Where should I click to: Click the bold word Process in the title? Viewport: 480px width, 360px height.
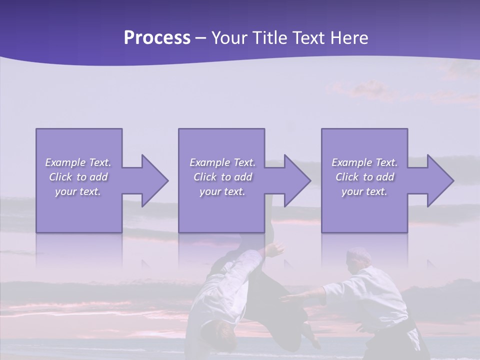[157, 38]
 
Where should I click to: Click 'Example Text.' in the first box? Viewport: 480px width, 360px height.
[78, 162]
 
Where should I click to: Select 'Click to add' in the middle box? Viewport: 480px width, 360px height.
[222, 177]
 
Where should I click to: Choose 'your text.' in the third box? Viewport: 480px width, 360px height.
[364, 191]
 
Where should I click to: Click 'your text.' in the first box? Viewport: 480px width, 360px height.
[78, 191]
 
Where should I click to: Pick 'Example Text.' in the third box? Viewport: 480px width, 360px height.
[364, 162]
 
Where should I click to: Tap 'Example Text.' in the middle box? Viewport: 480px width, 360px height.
[222, 162]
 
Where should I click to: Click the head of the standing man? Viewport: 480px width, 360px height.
[359, 257]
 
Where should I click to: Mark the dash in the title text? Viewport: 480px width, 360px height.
[201, 38]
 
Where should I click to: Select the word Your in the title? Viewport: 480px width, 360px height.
[227, 38]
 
